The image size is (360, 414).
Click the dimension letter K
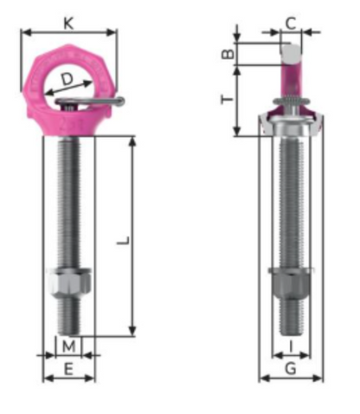(68, 23)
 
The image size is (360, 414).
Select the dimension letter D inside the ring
(67, 81)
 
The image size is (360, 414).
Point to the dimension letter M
(69, 346)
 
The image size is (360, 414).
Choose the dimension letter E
(69, 369)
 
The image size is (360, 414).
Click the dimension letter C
(291, 23)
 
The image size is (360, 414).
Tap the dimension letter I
(291, 346)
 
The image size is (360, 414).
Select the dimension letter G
(291, 369)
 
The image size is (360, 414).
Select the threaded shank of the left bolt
(69, 199)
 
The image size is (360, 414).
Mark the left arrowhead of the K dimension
(24, 33)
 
